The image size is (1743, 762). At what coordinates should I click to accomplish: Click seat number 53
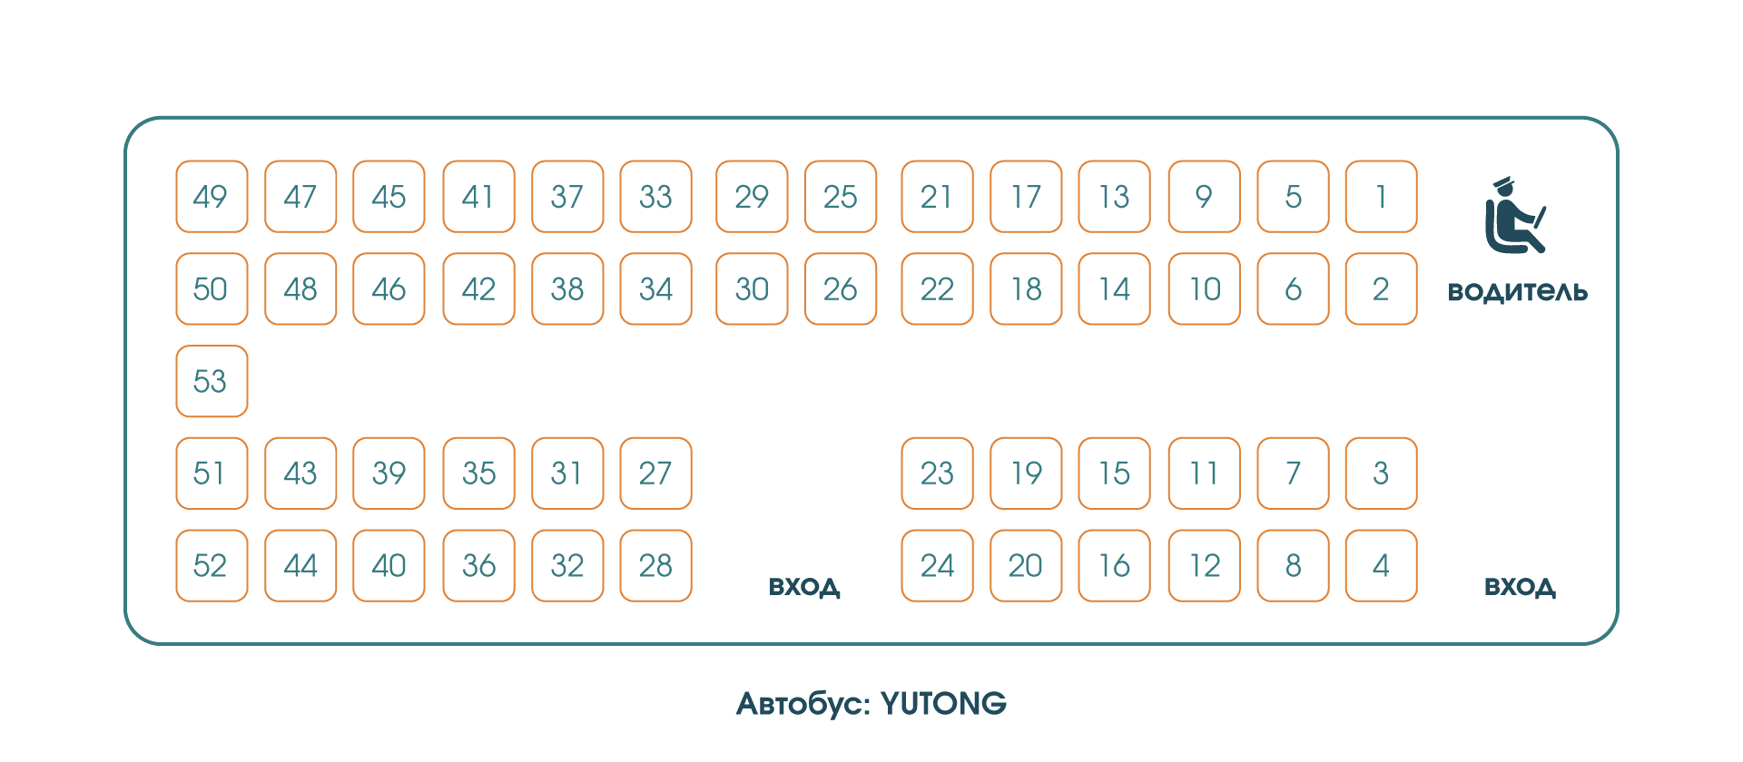212,381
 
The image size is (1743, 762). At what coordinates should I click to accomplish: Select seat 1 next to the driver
1381,197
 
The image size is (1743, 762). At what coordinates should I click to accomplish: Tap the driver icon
1514,216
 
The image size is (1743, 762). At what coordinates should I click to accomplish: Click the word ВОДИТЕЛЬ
1517,292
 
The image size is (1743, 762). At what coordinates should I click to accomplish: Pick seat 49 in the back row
212,197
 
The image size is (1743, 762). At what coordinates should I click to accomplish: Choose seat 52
212,565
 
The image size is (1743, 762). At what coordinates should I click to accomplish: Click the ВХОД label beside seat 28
804,587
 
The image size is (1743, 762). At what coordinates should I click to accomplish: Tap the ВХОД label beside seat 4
1520,587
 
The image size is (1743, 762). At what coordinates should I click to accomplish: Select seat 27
655,474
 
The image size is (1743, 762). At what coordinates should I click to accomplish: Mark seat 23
937,474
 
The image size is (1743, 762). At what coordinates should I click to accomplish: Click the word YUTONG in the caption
943,704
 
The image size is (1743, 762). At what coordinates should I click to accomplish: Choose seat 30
752,288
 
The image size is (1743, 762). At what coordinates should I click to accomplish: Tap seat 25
841,197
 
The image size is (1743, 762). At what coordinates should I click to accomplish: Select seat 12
1204,565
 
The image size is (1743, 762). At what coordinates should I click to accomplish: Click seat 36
478,565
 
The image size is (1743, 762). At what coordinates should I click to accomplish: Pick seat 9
1204,197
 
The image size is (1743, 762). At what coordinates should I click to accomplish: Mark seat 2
1381,288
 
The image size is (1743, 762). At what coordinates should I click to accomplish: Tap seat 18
1026,288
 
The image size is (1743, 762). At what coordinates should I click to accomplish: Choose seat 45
389,197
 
